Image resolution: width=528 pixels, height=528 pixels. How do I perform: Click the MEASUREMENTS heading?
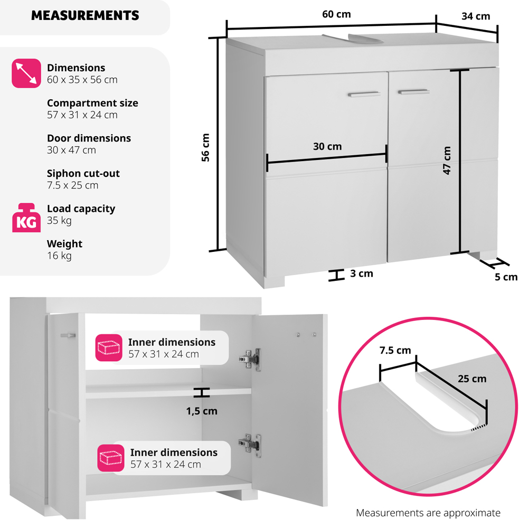click(x=85, y=15)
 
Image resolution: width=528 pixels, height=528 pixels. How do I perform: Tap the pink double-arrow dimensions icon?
click(x=26, y=73)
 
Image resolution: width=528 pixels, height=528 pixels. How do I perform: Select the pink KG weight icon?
click(x=26, y=218)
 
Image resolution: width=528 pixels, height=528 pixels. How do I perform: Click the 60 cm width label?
click(x=336, y=14)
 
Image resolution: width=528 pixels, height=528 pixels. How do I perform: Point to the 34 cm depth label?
click(x=475, y=16)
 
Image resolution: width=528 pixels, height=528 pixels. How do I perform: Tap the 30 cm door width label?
click(x=327, y=146)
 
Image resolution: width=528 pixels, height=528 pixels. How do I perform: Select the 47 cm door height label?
click(x=447, y=161)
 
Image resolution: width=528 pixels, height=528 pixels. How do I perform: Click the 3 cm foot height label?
click(x=361, y=274)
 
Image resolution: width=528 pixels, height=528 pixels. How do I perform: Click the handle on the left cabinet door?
click(x=364, y=94)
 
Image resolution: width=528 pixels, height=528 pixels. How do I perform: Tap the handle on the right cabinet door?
click(x=414, y=92)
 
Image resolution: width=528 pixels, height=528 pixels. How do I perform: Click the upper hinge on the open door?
click(x=250, y=359)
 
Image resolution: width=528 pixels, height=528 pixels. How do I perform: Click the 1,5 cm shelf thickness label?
click(x=201, y=411)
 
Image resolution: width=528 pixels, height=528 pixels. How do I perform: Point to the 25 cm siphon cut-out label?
click(x=472, y=379)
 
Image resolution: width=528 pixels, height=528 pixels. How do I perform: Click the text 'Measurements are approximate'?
click(x=428, y=513)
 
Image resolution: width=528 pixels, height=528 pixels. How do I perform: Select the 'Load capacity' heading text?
click(x=81, y=209)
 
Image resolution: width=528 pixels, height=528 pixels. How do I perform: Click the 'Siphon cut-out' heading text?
click(x=83, y=173)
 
